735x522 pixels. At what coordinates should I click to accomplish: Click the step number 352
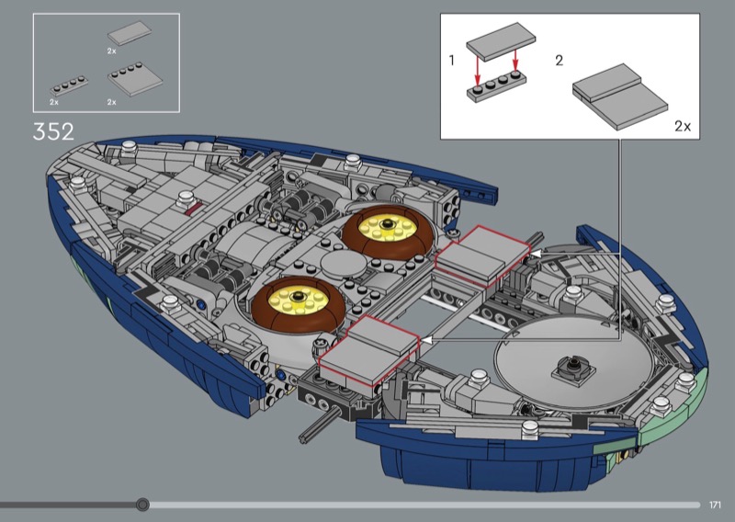pyautogui.click(x=53, y=131)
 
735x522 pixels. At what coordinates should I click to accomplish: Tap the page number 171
pyautogui.click(x=715, y=505)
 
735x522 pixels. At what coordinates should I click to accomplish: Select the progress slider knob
pyautogui.click(x=142, y=505)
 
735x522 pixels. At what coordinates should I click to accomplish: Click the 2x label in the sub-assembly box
pyautogui.click(x=683, y=126)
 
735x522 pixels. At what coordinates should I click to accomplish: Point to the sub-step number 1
pyautogui.click(x=451, y=61)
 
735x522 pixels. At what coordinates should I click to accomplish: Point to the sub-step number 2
pyautogui.click(x=559, y=61)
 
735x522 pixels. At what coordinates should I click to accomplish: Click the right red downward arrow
pyautogui.click(x=515, y=62)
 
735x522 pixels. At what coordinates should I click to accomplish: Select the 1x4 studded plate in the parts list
pyautogui.click(x=69, y=85)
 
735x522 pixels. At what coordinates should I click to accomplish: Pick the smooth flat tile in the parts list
pyautogui.click(x=130, y=33)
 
